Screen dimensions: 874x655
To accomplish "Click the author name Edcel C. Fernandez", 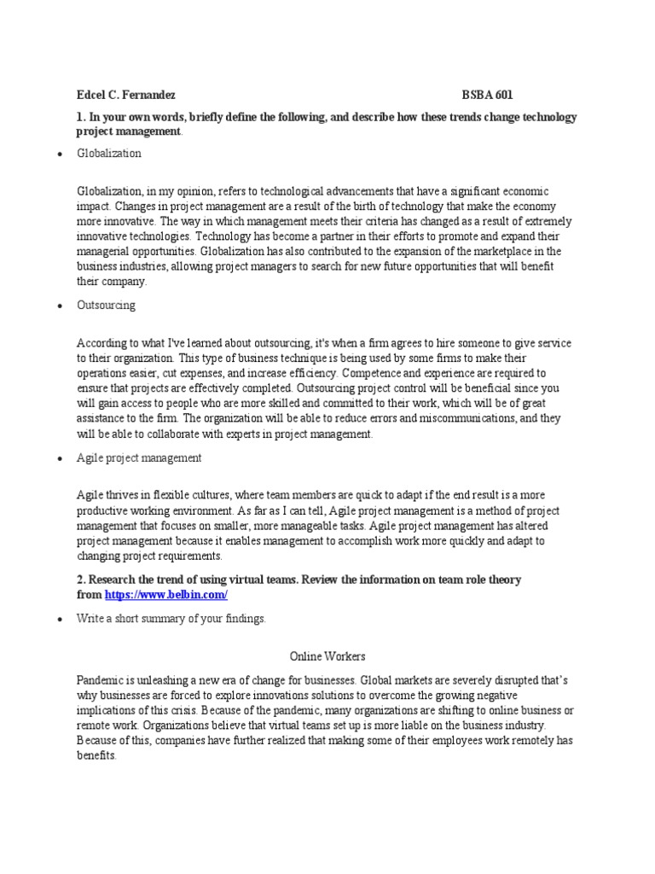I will [125, 96].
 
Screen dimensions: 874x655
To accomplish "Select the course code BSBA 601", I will [488, 96].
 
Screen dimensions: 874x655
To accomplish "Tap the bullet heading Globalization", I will [108, 154].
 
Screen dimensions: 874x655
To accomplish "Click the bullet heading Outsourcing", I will [106, 305].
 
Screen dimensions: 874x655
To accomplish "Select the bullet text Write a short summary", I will [171, 619].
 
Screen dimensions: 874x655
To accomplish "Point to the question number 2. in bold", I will [82, 580].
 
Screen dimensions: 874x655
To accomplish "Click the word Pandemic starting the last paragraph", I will [99, 680].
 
